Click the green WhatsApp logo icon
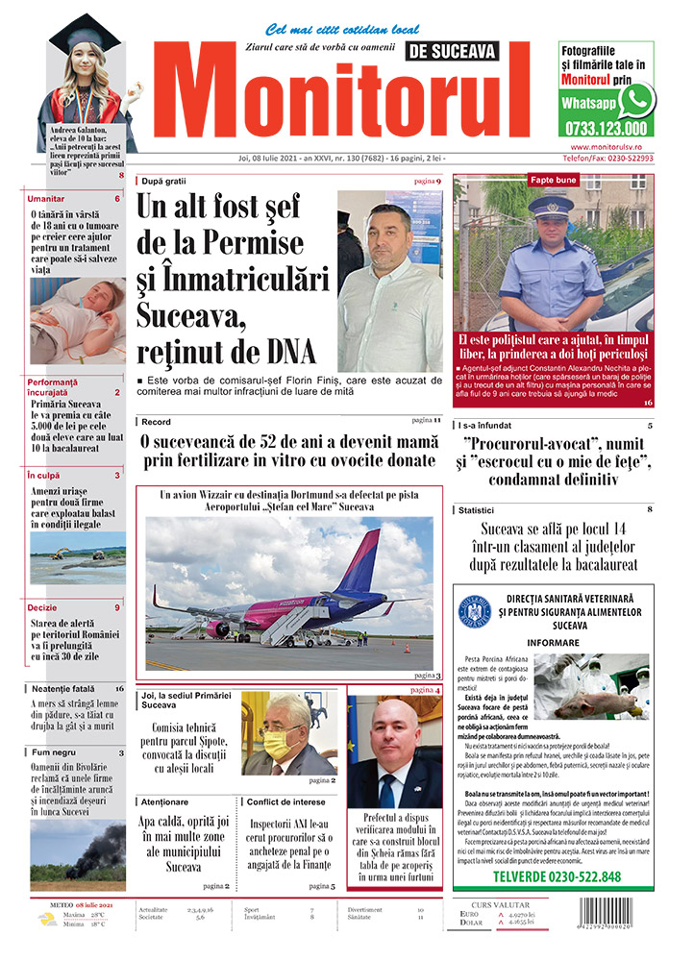coord(636,100)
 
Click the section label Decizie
coord(42,608)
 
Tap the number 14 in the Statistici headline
coord(613,529)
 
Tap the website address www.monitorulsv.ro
coord(606,147)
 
